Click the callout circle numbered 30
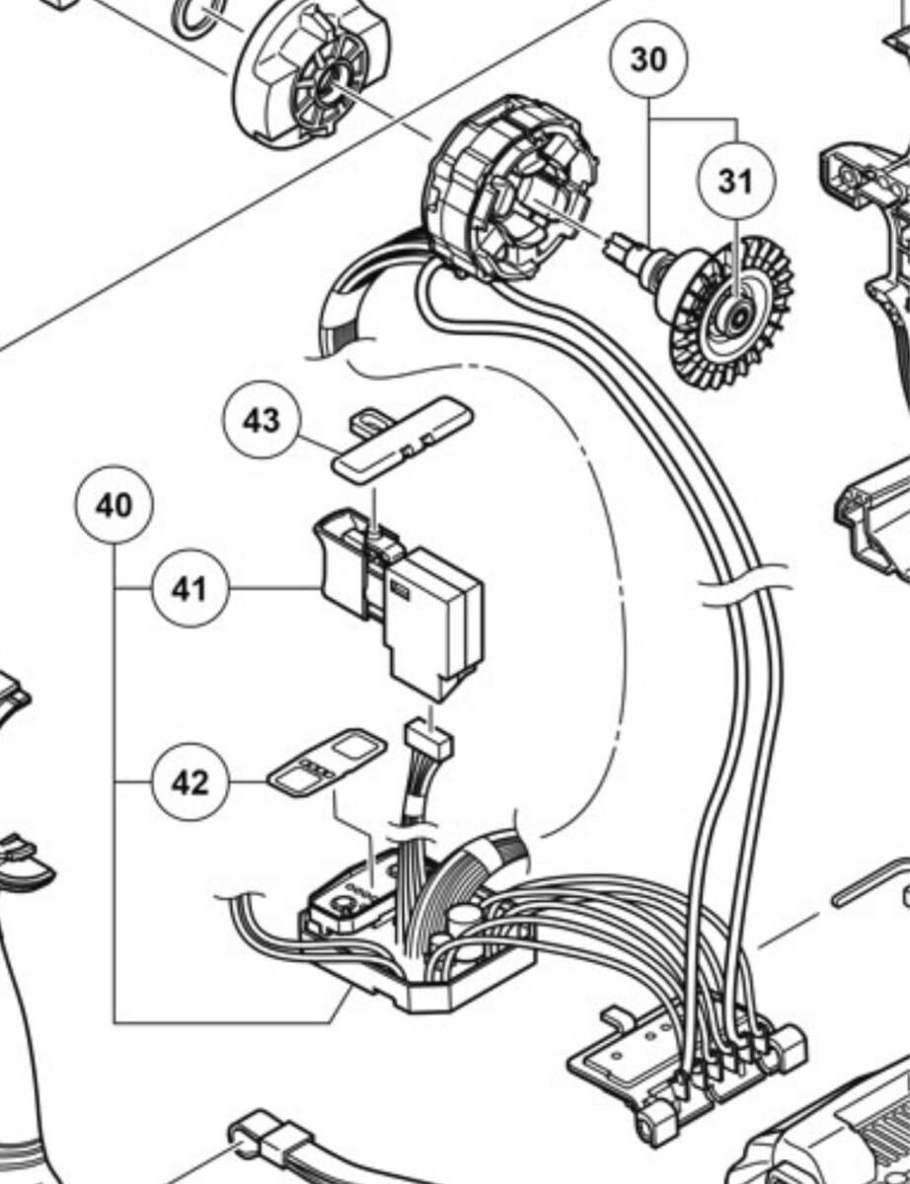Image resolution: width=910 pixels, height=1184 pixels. click(x=648, y=59)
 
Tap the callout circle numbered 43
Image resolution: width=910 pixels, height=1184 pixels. click(x=262, y=421)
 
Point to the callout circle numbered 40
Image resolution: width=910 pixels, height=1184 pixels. click(x=114, y=506)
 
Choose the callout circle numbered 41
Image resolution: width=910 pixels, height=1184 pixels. click(x=190, y=589)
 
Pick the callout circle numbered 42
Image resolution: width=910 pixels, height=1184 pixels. click(x=190, y=782)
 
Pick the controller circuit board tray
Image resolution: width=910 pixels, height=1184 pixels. click(x=415, y=977)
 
